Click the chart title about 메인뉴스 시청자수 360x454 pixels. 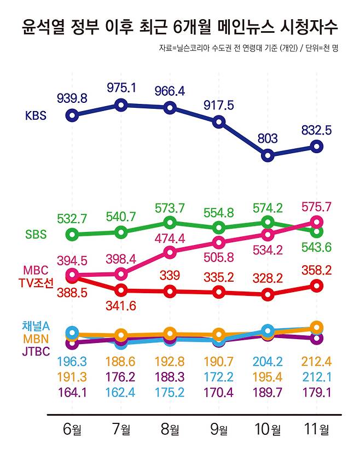tap(180, 26)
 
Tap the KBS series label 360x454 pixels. tap(36, 115)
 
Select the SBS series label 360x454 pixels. tap(36, 234)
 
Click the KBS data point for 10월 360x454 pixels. tap(268, 155)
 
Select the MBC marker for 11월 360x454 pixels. tap(316, 222)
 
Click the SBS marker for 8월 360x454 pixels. tap(170, 222)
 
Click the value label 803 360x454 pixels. tap(268, 138)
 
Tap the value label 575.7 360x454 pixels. tap(316, 206)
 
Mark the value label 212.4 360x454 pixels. tap(316, 362)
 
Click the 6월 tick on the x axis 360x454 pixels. tap(72, 430)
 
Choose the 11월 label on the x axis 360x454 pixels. tap(316, 430)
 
